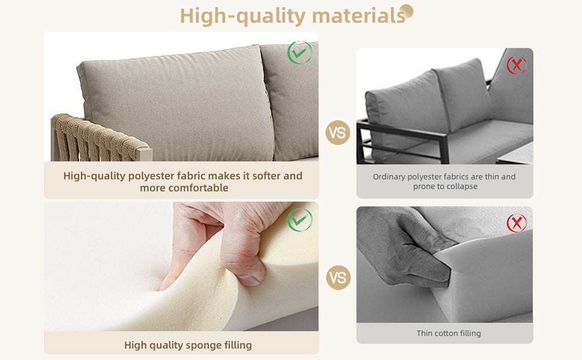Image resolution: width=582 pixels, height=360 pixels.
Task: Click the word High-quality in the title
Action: (x=243, y=16)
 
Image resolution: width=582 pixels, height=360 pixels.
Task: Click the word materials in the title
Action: (x=359, y=16)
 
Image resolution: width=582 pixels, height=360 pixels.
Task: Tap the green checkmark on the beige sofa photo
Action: (x=299, y=52)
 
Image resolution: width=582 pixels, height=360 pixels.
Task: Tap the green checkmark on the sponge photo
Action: (x=299, y=220)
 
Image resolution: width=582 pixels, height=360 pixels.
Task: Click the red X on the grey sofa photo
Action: (x=517, y=65)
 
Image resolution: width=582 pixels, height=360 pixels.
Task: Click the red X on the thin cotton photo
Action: (x=517, y=223)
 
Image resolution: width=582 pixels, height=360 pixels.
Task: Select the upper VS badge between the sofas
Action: (x=338, y=133)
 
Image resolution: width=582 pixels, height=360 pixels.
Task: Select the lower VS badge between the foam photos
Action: (x=338, y=278)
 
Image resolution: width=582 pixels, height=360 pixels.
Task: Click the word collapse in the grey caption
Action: (x=464, y=187)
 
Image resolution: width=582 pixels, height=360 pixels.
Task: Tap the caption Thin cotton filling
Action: (x=449, y=333)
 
